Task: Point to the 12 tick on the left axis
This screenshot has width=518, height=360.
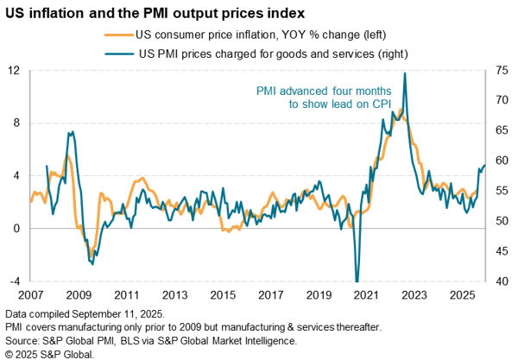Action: click(x=14, y=70)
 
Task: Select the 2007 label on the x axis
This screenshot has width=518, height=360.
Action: click(x=30, y=294)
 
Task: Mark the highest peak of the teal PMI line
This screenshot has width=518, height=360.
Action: click(x=405, y=73)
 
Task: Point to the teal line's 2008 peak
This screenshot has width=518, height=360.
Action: click(x=72, y=132)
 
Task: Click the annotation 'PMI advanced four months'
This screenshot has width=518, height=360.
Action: click(x=324, y=91)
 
